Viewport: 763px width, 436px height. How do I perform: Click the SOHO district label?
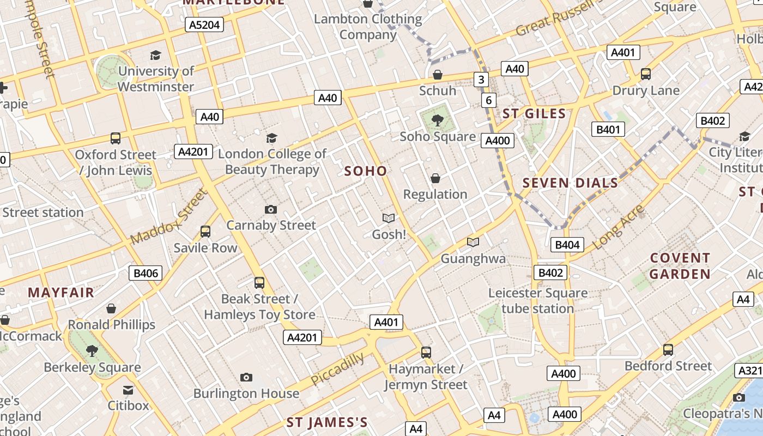point(366,171)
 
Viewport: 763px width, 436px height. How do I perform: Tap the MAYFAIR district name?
point(61,293)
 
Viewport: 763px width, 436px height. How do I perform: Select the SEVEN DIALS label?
point(571,183)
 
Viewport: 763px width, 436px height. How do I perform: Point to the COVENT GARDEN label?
point(680,265)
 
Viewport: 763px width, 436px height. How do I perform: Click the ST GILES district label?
point(534,114)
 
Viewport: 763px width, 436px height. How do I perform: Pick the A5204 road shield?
point(204,25)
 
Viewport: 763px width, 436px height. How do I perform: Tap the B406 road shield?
point(146,273)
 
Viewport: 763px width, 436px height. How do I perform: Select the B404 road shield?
point(567,245)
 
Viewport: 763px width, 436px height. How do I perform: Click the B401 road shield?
point(608,129)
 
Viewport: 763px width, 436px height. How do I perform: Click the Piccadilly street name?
point(338,370)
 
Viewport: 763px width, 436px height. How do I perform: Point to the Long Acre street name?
point(619,227)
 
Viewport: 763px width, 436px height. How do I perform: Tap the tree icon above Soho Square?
point(437,120)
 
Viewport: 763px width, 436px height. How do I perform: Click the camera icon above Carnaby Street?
point(271,209)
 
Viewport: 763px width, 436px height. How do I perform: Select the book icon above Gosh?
point(389,219)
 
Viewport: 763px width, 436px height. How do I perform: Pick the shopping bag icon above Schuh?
point(438,75)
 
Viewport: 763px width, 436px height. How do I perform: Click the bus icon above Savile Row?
point(205,232)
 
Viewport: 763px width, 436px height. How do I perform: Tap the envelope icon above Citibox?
point(128,390)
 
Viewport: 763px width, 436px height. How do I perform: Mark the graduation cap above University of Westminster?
point(156,55)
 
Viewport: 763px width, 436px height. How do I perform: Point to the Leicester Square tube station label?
point(538,301)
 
